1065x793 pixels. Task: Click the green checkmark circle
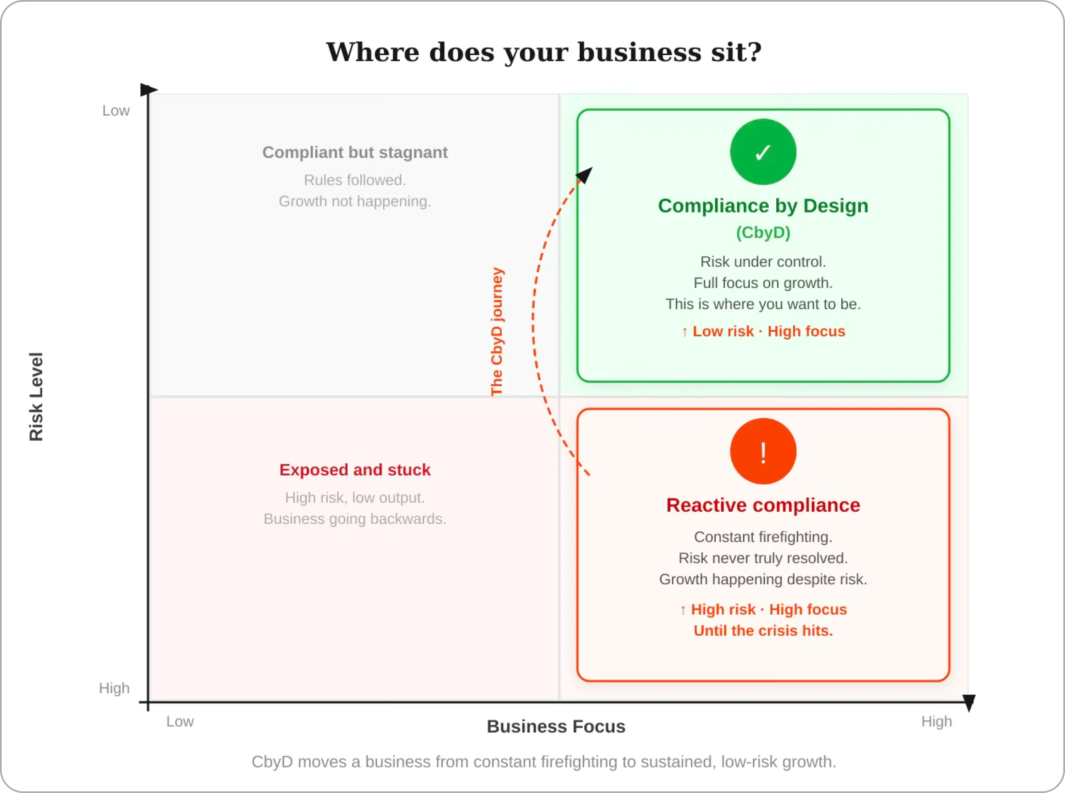[x=763, y=152]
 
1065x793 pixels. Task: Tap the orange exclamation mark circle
[x=763, y=451]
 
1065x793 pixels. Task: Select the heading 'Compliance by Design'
[x=763, y=206]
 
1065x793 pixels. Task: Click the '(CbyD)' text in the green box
[x=763, y=233]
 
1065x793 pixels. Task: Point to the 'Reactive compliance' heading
[x=763, y=505]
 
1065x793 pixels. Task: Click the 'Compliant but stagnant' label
[x=355, y=153]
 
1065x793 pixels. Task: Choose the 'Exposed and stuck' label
[x=355, y=470]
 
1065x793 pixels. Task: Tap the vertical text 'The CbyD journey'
[x=497, y=332]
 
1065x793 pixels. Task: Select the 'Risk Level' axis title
[x=36, y=396]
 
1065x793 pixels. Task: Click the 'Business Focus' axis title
[x=556, y=726]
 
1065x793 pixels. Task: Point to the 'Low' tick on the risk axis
[x=116, y=111]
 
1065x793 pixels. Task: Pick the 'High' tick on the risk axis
[x=114, y=688]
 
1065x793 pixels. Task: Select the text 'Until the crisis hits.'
[x=763, y=630]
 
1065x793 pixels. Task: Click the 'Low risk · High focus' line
[x=763, y=331]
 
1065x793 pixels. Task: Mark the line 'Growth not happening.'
[x=355, y=201]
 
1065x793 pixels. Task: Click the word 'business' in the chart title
[x=640, y=52]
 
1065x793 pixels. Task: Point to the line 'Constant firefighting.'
[x=763, y=537]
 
